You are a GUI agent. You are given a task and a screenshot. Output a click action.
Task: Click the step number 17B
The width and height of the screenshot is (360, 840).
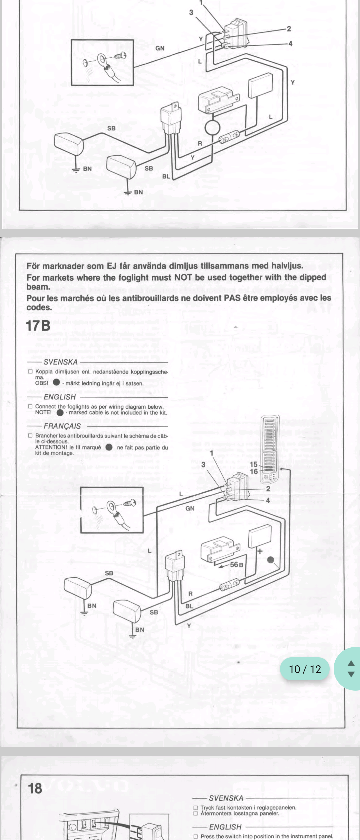(38, 326)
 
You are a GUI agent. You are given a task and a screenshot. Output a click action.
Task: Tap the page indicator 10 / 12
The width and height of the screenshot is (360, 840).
(305, 669)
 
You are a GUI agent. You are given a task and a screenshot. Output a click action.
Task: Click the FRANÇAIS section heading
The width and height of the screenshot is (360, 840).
(62, 426)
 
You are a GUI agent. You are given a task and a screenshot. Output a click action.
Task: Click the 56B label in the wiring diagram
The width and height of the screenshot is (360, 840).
(236, 564)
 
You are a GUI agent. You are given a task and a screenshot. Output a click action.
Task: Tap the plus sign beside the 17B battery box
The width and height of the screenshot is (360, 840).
(260, 551)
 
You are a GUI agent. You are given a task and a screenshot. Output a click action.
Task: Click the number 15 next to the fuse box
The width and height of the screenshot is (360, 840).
(254, 464)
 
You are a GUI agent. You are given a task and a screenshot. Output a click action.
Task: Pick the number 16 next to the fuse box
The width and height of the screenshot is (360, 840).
(254, 471)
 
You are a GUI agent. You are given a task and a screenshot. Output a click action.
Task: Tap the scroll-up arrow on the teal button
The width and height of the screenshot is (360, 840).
(351, 663)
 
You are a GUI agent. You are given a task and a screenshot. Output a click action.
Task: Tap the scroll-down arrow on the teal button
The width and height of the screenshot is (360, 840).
(351, 674)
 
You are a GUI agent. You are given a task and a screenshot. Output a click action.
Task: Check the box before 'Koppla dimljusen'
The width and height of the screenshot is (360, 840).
(30, 371)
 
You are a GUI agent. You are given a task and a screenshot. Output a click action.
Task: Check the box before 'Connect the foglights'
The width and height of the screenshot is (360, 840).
(30, 406)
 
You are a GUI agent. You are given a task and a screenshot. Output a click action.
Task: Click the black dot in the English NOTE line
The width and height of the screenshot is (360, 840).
(60, 412)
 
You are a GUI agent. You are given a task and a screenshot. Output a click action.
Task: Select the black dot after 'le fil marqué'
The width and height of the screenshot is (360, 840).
(109, 447)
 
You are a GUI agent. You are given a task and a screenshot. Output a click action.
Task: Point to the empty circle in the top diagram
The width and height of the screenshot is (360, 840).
(212, 128)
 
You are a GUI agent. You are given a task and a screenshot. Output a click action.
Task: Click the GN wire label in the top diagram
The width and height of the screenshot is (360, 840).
(160, 48)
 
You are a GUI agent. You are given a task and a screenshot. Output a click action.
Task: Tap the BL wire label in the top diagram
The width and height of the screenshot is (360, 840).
(166, 176)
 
